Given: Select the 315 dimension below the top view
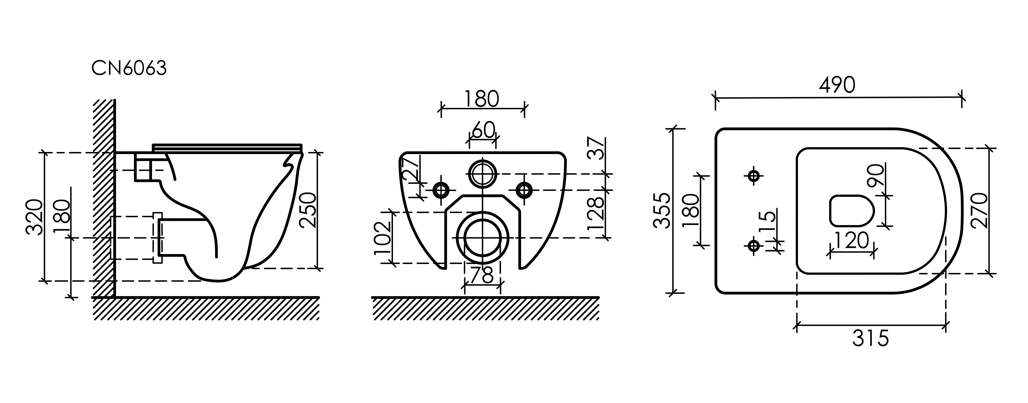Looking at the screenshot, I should tap(871, 339).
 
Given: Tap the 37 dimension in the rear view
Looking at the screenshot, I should tap(596, 149).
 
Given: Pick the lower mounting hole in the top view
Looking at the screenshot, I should tap(753, 245).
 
